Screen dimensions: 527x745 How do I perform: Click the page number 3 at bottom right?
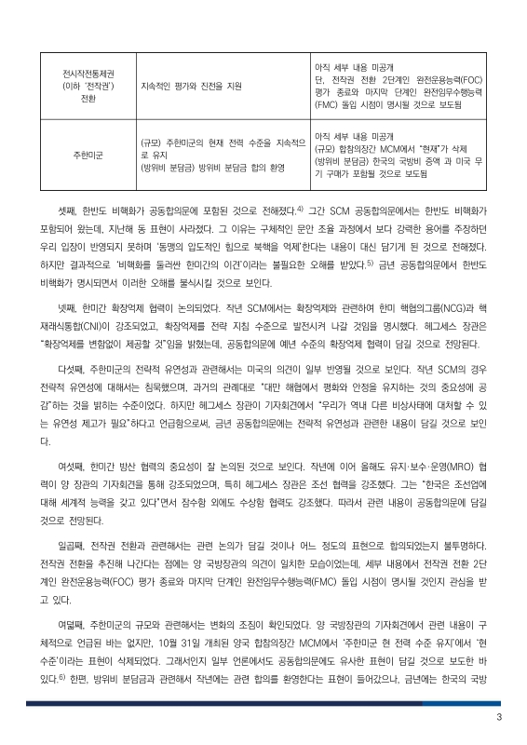499,717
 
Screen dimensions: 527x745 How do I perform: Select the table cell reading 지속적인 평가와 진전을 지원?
190,86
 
